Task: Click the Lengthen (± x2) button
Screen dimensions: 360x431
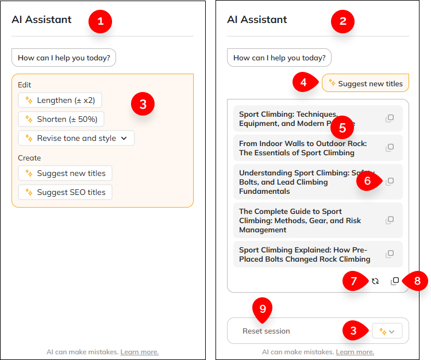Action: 59,100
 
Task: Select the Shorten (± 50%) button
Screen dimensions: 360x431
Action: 61,119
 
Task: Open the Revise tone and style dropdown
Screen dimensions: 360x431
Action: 76,138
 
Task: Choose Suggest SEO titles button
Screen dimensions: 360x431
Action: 65,192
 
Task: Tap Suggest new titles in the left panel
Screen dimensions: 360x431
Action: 65,173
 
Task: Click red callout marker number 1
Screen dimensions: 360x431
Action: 101,22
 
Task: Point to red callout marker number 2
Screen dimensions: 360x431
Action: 343,22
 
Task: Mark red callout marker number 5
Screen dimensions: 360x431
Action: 342,126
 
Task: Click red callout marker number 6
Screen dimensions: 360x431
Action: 368,181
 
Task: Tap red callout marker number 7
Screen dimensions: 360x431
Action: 355,281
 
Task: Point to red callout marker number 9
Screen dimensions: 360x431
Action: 263,309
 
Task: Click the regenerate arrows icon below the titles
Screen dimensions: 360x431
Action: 375,281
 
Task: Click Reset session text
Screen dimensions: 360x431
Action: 266,331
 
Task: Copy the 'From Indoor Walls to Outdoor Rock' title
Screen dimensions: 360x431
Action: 390,148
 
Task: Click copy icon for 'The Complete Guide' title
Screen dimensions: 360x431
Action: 390,220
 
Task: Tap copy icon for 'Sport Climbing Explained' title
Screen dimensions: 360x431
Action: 390,254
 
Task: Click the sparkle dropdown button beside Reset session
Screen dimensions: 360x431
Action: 387,331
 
